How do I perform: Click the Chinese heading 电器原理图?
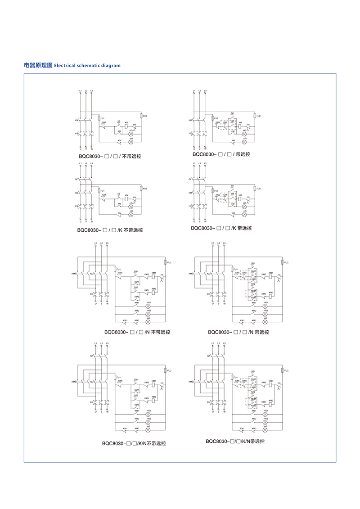(x=38, y=65)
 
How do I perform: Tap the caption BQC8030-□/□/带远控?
(x=221, y=154)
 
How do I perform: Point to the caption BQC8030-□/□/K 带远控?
(x=221, y=228)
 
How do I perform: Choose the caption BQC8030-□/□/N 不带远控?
(x=137, y=333)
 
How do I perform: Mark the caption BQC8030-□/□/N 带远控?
(x=238, y=332)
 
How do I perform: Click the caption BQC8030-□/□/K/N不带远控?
(x=134, y=443)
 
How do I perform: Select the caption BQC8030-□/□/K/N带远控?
(x=235, y=441)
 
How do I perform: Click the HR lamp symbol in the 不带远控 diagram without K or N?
(x=131, y=142)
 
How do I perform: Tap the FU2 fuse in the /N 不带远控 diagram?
(x=165, y=262)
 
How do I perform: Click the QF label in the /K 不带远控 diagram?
(x=76, y=179)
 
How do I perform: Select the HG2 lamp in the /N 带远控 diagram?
(x=265, y=314)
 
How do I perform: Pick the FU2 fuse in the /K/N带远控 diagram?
(x=281, y=370)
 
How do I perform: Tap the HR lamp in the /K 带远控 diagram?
(x=244, y=215)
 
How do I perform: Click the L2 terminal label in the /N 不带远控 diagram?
(x=102, y=243)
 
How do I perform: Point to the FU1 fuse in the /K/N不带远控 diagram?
(x=115, y=378)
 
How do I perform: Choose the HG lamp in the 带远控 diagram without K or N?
(x=244, y=134)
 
